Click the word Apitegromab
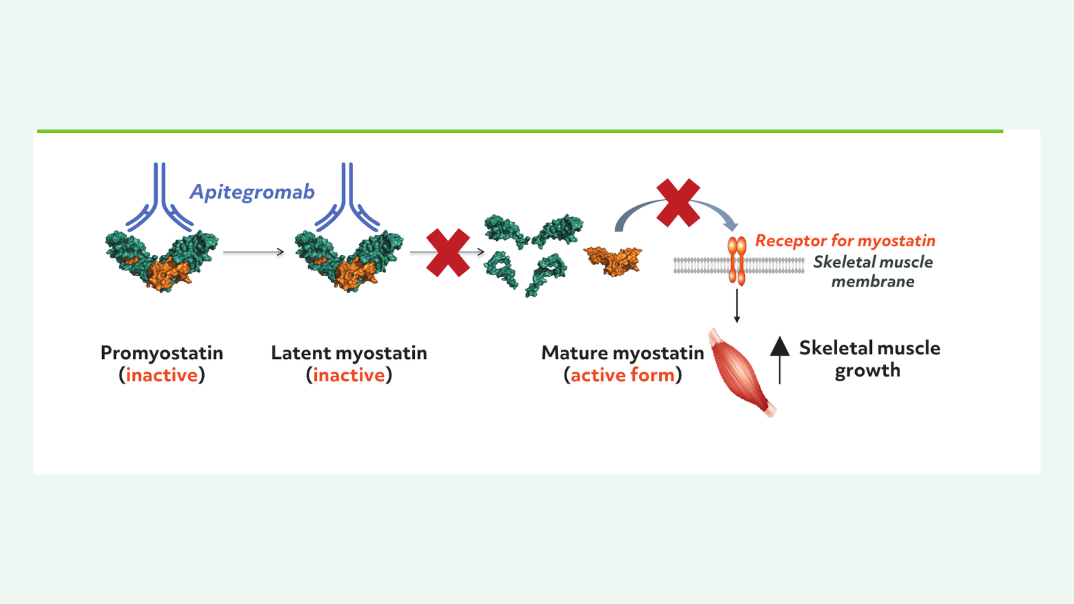252,193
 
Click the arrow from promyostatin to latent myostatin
254,252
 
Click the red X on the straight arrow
448,252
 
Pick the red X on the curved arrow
678,203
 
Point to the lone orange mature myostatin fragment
613,261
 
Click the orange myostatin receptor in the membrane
737,260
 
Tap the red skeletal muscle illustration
742,372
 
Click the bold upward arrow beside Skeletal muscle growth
779,360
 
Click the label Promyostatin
162,354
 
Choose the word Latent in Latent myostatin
300,353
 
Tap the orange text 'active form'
623,375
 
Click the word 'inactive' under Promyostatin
162,375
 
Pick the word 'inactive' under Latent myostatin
349,375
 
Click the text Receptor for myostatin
845,241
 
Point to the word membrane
873,281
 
